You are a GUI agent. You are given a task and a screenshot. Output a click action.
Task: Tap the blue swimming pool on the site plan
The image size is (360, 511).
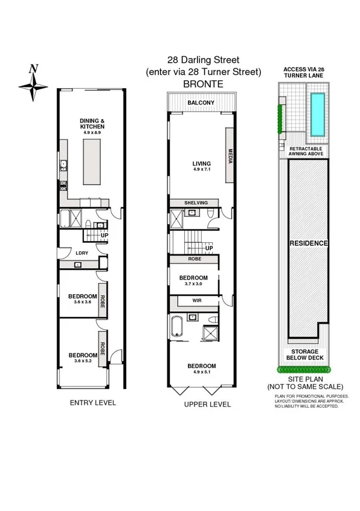coord(316,114)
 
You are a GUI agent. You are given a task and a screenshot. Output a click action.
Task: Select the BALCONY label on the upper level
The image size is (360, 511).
coord(201,103)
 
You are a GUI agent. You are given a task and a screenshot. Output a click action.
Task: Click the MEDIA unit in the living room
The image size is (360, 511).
coord(230,155)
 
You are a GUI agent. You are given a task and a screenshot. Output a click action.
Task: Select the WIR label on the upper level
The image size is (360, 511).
coord(197,300)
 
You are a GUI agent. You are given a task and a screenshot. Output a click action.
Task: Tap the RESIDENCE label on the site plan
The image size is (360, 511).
coord(308,243)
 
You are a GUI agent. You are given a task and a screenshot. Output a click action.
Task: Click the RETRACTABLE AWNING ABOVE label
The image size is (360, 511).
coord(307,151)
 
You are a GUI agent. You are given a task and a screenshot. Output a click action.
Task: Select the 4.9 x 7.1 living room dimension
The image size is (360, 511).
coord(201,170)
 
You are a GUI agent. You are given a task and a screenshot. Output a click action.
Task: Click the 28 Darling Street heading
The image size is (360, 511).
coord(203,60)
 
